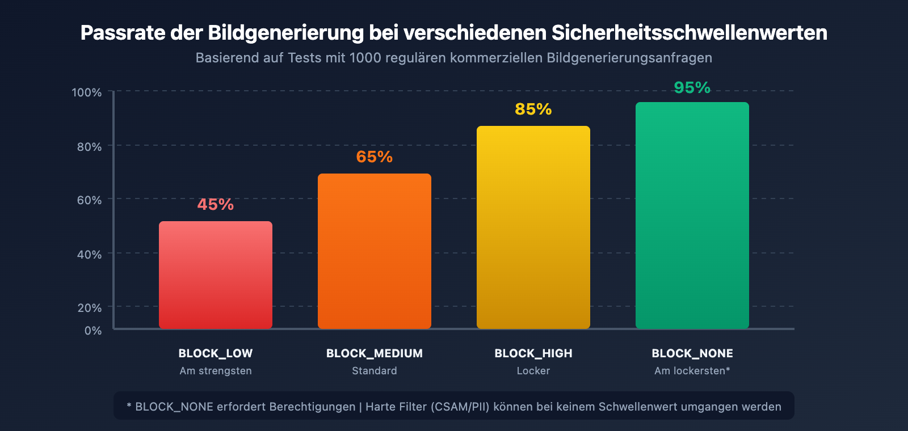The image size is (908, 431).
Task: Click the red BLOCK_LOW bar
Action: coord(216,275)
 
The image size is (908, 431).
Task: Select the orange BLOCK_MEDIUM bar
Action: coord(375,251)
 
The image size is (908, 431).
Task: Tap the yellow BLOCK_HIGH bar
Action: coord(533,227)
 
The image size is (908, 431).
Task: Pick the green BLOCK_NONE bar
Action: coord(692,216)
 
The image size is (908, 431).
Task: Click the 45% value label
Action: coord(216,204)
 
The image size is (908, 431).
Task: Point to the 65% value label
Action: coord(375,157)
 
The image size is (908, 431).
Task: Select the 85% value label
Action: coord(533,109)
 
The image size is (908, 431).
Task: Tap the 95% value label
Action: coord(692,87)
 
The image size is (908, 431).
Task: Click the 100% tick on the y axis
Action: coord(87,92)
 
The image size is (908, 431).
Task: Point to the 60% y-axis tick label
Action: coord(90,200)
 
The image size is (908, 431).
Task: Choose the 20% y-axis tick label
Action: coord(90,308)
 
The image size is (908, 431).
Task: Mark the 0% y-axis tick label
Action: coord(93,331)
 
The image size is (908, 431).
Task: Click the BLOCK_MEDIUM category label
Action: coord(375,353)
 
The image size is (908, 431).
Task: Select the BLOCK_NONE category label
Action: coord(692,353)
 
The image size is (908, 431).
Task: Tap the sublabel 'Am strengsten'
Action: coord(216,371)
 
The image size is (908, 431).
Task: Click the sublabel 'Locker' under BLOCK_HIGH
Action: coord(533,371)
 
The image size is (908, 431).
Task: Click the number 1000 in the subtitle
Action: coord(365,58)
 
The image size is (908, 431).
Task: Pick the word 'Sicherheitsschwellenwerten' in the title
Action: coord(689,33)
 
